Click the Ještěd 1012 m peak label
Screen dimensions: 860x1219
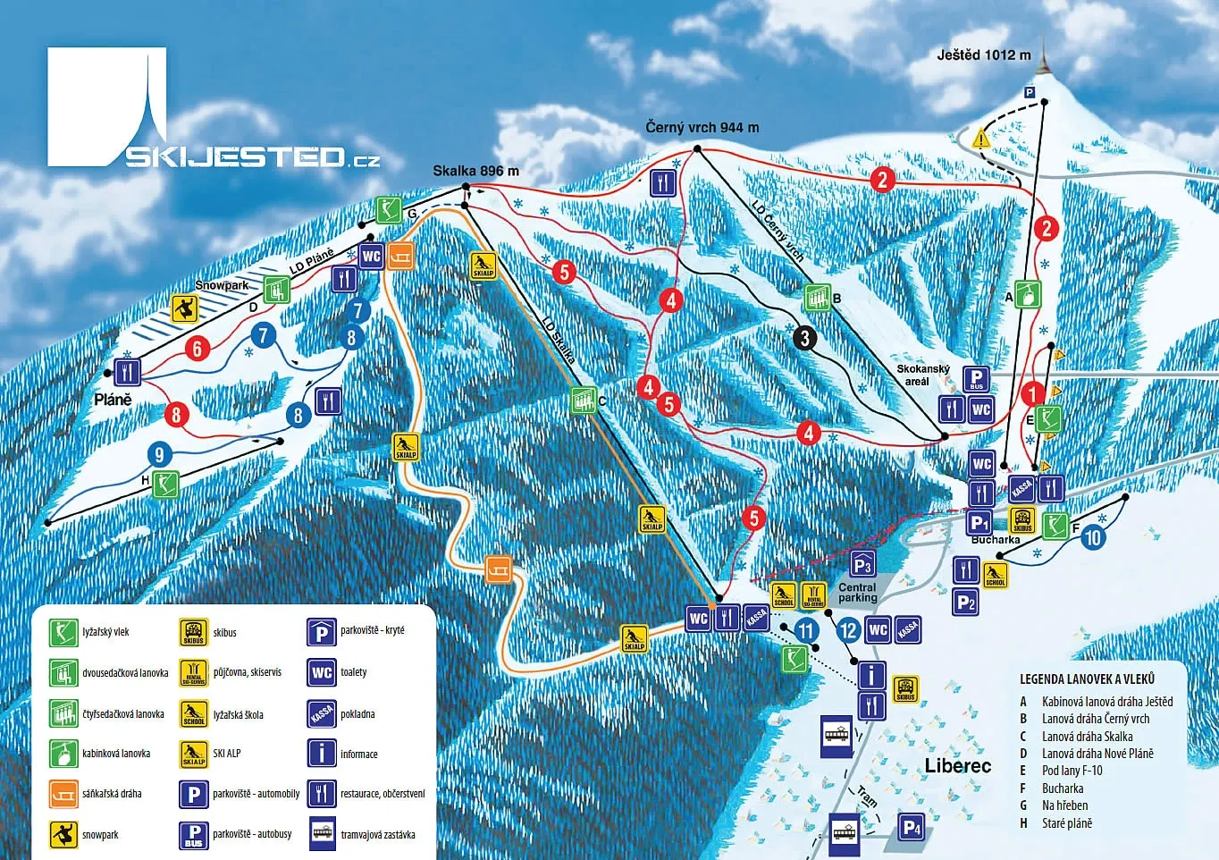[x=983, y=55]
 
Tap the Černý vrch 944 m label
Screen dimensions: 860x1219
[x=702, y=128]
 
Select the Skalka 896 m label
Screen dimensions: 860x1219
[x=475, y=171]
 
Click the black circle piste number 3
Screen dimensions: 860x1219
[x=805, y=337]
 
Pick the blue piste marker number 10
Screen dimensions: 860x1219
[x=1093, y=537]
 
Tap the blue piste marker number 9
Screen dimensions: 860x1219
[x=160, y=454]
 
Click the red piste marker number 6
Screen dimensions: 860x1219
[x=198, y=348]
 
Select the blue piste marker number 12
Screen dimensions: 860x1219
[x=848, y=630]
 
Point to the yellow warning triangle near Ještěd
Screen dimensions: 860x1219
[x=981, y=139]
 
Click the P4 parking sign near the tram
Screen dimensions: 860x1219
[x=911, y=828]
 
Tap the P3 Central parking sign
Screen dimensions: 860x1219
[x=862, y=564]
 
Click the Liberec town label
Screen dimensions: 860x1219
[x=957, y=766]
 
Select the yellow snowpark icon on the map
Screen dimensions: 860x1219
[x=183, y=309]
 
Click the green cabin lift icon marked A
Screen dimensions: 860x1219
[x=1030, y=294]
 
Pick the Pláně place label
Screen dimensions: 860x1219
[x=113, y=400]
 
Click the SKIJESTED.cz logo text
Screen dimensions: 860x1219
[x=252, y=158]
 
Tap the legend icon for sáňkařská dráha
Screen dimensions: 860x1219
[x=63, y=793]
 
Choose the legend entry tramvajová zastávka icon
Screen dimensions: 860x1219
[x=322, y=833]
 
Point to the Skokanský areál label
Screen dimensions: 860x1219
[x=923, y=375]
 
